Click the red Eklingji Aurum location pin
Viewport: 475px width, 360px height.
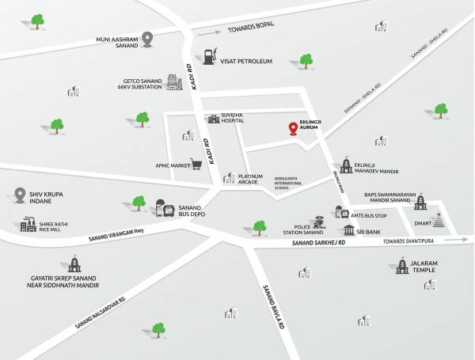click(294, 128)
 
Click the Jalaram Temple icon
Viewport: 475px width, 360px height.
click(404, 266)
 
